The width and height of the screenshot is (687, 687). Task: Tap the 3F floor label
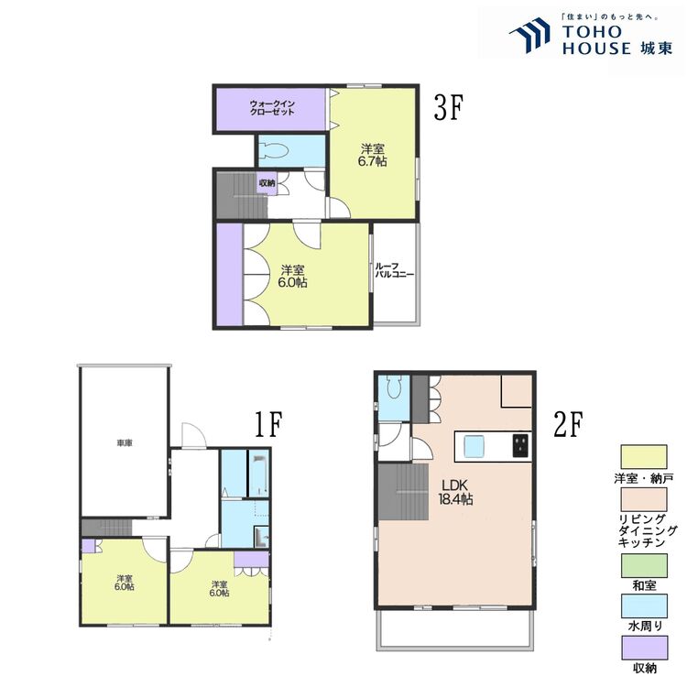pos(448,108)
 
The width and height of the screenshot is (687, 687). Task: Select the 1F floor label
pos(267,424)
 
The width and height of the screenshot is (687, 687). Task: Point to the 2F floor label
pos(568,424)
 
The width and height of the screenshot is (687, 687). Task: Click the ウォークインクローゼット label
pos(272,108)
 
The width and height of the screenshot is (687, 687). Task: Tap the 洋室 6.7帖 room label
pos(373,156)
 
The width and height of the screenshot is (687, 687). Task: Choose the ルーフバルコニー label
pos(394,270)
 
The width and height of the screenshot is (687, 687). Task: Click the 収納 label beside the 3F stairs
pos(267,182)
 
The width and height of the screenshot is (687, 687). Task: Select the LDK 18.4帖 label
pos(455,492)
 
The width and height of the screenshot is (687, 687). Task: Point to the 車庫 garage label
pos(125,443)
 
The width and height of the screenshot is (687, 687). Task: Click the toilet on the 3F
pos(275,151)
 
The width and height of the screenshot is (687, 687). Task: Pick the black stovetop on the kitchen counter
pos(520,445)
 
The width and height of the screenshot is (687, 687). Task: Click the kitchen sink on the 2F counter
pos(474,446)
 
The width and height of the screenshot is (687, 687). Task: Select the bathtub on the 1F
pos(258,474)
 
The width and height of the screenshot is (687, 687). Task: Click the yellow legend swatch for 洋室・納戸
pos(644,457)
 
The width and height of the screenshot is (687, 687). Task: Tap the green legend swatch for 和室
pos(644,565)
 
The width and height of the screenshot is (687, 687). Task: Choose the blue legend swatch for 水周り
pos(644,606)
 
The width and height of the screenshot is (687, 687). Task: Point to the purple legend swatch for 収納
pos(644,648)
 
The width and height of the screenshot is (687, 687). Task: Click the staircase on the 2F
pos(403,492)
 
